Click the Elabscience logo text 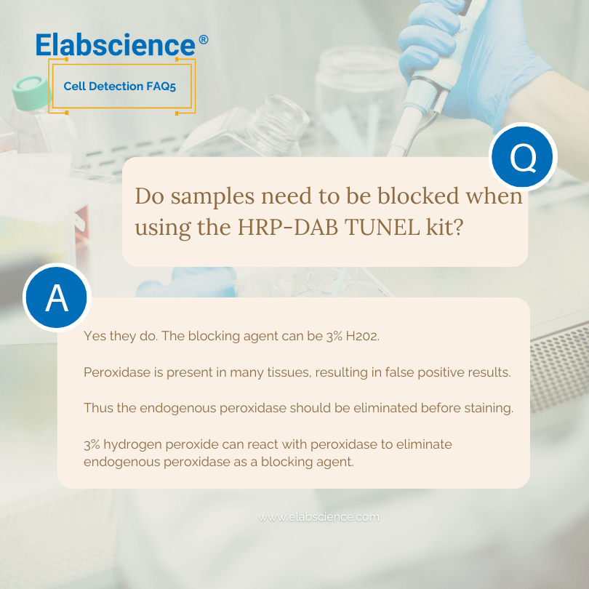point(116,44)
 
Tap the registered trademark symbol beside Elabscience point(203,40)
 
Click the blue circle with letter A point(56,299)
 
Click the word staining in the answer point(488,408)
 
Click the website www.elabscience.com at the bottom point(318,517)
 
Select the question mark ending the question point(458,227)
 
